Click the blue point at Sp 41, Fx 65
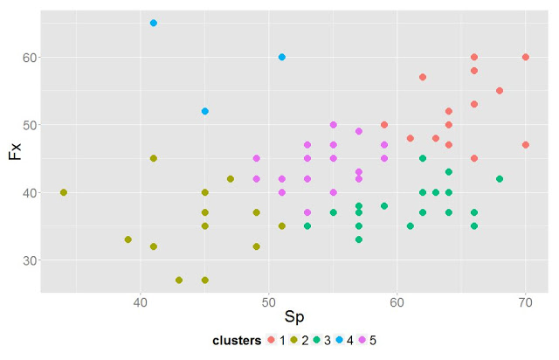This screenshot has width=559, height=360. tap(154, 23)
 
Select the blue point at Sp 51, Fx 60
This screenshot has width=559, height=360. tap(282, 57)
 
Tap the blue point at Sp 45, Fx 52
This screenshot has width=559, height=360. tap(205, 111)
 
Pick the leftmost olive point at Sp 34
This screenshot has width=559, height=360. tap(64, 192)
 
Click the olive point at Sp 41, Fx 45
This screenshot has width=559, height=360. tap(154, 158)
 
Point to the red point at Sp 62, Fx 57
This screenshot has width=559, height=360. tap(423, 77)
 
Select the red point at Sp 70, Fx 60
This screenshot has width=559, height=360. tap(526, 57)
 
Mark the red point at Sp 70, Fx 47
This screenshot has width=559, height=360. tap(526, 145)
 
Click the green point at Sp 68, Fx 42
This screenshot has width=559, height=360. tap(500, 178)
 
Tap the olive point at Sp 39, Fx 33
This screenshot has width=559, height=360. tap(128, 239)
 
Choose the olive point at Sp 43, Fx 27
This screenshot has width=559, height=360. tap(179, 280)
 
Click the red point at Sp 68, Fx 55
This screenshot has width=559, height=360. tap(500, 91)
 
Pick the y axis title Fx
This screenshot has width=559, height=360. tap(15, 151)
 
